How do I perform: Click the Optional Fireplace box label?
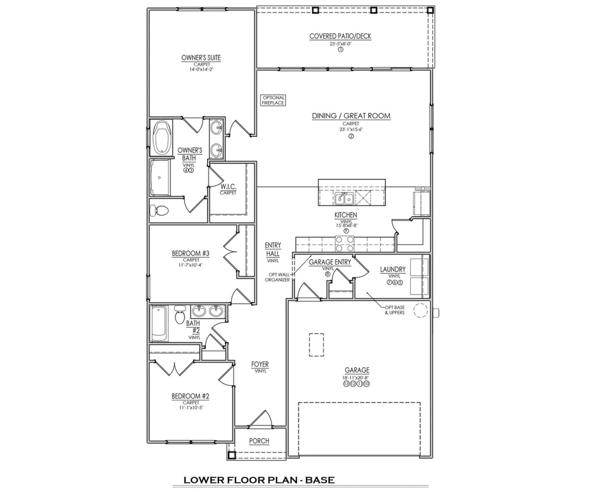(273, 100)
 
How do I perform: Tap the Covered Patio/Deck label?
(340, 36)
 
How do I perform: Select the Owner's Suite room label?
(201, 58)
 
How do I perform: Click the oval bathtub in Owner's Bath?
(161, 137)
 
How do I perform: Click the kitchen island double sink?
(344, 199)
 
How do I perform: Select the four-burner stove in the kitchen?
(344, 244)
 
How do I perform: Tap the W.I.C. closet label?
(228, 186)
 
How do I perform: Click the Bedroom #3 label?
(191, 253)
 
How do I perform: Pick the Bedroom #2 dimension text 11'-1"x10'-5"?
(191, 408)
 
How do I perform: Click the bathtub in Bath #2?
(159, 324)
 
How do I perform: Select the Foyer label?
(260, 364)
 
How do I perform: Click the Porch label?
(259, 441)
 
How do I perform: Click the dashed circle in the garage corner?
(421, 310)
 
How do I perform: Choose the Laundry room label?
(393, 269)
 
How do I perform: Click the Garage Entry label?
(330, 262)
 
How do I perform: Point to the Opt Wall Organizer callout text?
(277, 277)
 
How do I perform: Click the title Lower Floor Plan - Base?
(259, 480)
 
